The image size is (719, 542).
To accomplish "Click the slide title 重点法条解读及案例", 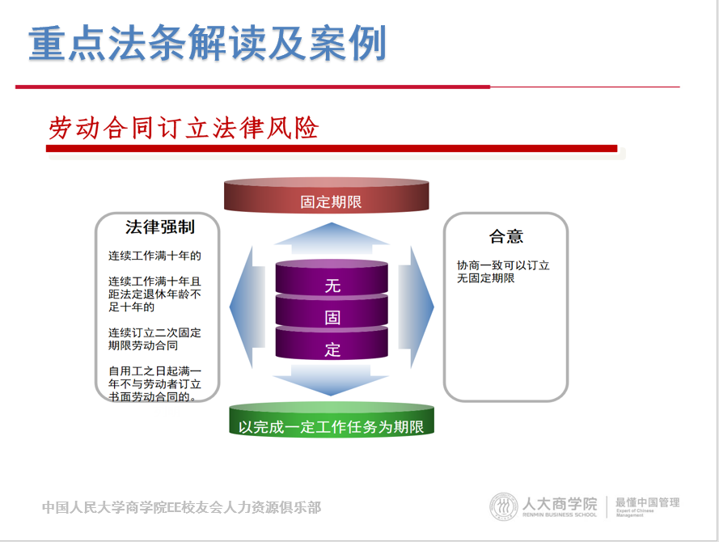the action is (207, 43).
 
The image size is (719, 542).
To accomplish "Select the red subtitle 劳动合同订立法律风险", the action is (184, 128).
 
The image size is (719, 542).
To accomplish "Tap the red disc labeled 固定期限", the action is (327, 196).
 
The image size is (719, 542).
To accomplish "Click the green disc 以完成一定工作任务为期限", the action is (332, 420).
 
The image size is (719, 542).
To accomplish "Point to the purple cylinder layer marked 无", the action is (332, 278).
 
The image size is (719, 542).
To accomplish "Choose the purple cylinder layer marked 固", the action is (332, 311).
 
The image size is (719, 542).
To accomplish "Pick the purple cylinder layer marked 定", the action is (332, 344).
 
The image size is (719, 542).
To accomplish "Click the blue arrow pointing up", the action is (331, 239).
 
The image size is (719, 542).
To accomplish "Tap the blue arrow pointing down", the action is (331, 379).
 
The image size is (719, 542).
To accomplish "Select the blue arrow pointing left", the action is (247, 307).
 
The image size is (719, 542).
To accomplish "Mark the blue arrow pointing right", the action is (416, 307).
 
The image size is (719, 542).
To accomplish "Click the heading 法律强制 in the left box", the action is (160, 227).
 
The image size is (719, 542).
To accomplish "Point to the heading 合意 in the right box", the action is (506, 236).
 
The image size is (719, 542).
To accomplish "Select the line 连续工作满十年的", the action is (154, 256).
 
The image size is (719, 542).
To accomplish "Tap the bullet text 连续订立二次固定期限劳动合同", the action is (154, 339).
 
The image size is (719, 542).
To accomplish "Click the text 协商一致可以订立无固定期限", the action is (503, 272).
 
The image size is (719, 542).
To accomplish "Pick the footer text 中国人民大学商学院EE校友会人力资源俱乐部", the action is (182, 507).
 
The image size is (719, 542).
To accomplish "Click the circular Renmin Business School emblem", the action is (503, 506).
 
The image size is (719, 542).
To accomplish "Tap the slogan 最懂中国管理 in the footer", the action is (647, 502).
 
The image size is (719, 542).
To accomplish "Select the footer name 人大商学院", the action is (560, 503).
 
